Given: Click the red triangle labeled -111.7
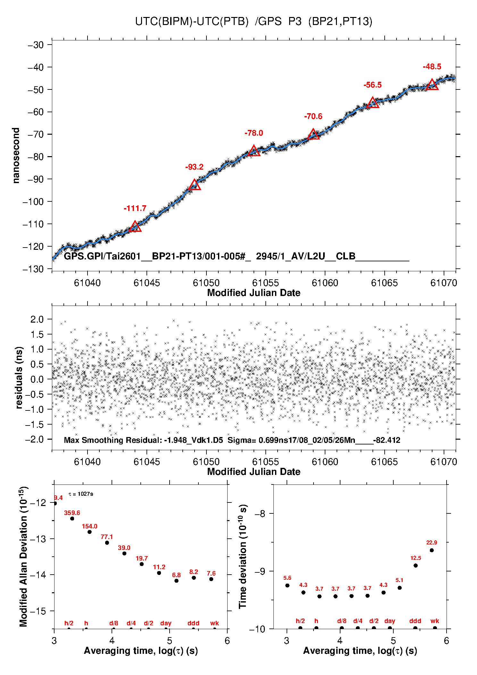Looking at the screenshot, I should click(x=135, y=227).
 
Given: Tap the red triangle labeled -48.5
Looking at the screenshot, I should click(x=432, y=85).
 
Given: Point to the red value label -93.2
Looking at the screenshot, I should click(x=194, y=167).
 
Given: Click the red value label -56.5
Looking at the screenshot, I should click(x=372, y=85).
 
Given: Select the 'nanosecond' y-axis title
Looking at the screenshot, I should click(x=16, y=156).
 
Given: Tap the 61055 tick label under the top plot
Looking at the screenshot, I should click(x=265, y=283).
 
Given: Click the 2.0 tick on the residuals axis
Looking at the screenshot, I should click(x=37, y=319).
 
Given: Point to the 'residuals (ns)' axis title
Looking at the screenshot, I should click(x=19, y=377).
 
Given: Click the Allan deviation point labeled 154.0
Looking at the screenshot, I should click(x=89, y=532).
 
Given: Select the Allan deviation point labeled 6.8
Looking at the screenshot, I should click(x=176, y=581).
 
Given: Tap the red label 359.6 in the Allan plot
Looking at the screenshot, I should click(x=72, y=513).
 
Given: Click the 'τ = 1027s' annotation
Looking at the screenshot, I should click(x=81, y=494).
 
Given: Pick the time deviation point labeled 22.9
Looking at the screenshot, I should click(x=432, y=550).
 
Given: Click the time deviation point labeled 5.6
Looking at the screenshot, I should click(x=287, y=586).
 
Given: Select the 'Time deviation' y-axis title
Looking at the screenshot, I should click(x=243, y=557).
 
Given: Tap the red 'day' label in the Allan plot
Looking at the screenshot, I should click(x=166, y=623).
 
